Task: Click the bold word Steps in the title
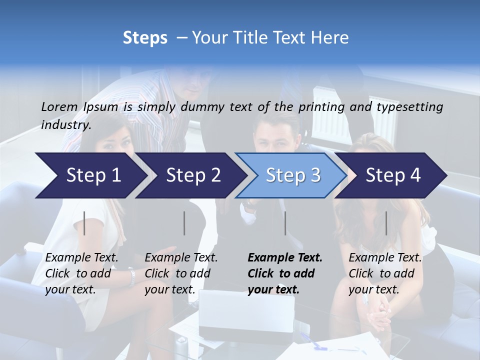click(x=145, y=38)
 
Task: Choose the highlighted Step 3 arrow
click(x=292, y=175)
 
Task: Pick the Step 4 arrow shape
click(x=392, y=175)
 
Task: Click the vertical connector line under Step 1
click(x=84, y=223)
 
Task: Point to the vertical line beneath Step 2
click(x=184, y=223)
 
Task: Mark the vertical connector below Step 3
click(x=285, y=223)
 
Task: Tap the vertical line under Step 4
click(x=386, y=223)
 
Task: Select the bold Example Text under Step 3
click(x=285, y=273)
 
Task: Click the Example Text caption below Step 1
click(x=81, y=273)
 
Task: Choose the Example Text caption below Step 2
click(x=181, y=273)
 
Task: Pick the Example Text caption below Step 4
click(x=385, y=273)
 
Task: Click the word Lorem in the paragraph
click(x=59, y=106)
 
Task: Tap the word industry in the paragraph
click(x=65, y=125)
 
